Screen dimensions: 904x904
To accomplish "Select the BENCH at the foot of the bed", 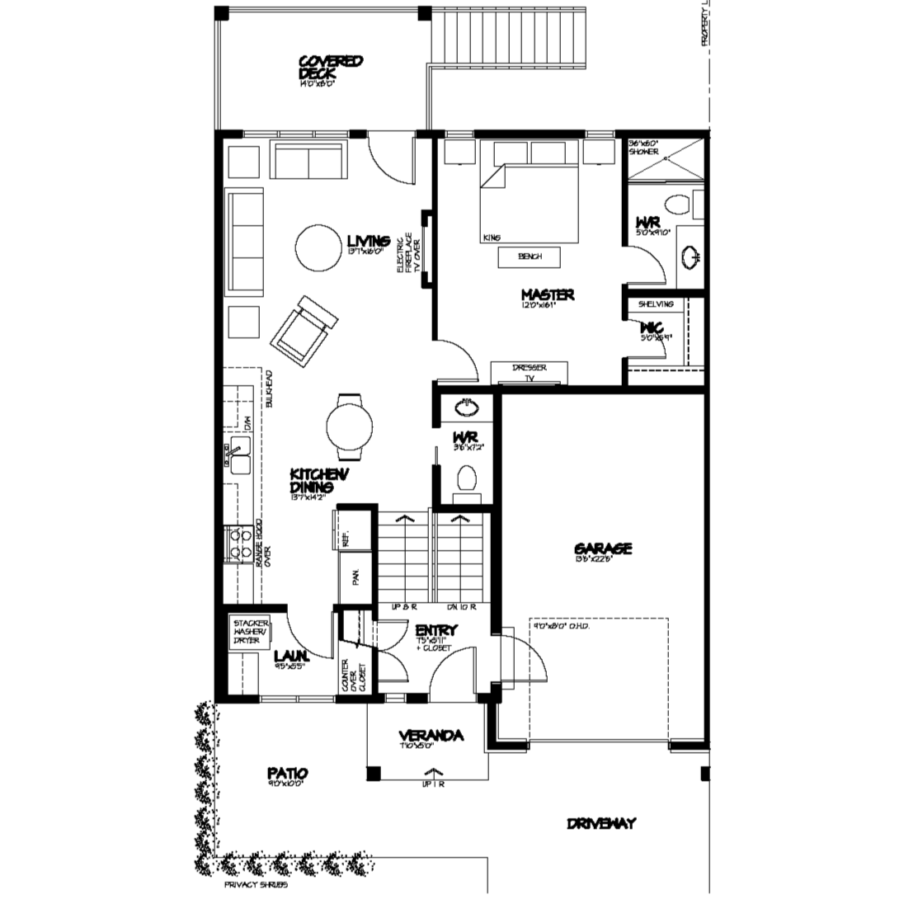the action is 530,257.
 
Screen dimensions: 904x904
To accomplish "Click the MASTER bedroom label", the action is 548,294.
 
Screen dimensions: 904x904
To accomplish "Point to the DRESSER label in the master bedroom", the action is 529,368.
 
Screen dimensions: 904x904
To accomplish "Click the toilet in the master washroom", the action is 680,205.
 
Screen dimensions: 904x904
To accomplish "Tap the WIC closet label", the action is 652,328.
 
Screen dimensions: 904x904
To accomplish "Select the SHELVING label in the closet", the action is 656,304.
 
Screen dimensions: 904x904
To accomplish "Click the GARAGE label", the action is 603,549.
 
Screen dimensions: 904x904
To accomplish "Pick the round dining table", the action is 351,427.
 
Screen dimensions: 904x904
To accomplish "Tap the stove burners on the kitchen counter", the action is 241,545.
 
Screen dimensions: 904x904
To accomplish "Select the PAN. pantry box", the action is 354,578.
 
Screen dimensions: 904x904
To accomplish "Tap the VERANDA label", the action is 430,736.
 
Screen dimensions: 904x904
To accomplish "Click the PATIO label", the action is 288,774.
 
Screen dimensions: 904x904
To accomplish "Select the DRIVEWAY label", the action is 601,823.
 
